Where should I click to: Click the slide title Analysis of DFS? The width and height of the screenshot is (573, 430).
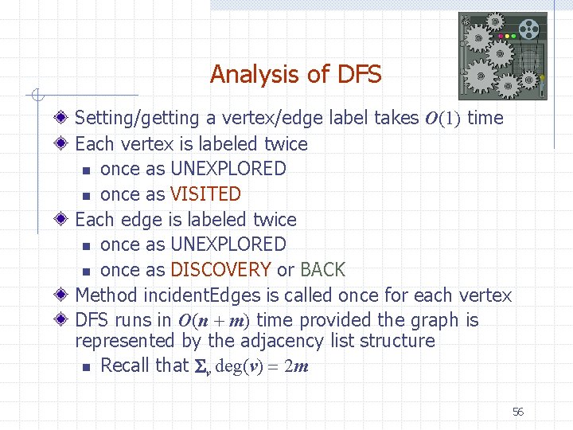(x=295, y=75)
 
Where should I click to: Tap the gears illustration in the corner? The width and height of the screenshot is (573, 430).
(x=503, y=55)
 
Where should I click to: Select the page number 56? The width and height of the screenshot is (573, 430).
(x=518, y=412)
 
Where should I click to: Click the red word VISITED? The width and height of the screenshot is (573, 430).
(x=205, y=194)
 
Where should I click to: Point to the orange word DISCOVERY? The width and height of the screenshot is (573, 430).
(x=221, y=270)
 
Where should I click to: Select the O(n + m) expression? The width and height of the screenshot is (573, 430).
(x=213, y=321)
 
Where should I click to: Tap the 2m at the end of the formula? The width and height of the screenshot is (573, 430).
(x=297, y=367)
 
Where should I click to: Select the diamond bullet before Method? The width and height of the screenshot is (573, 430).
(x=63, y=295)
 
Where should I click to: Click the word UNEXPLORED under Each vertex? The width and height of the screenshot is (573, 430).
(x=228, y=169)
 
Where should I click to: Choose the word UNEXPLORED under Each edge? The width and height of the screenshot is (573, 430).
(x=228, y=244)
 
